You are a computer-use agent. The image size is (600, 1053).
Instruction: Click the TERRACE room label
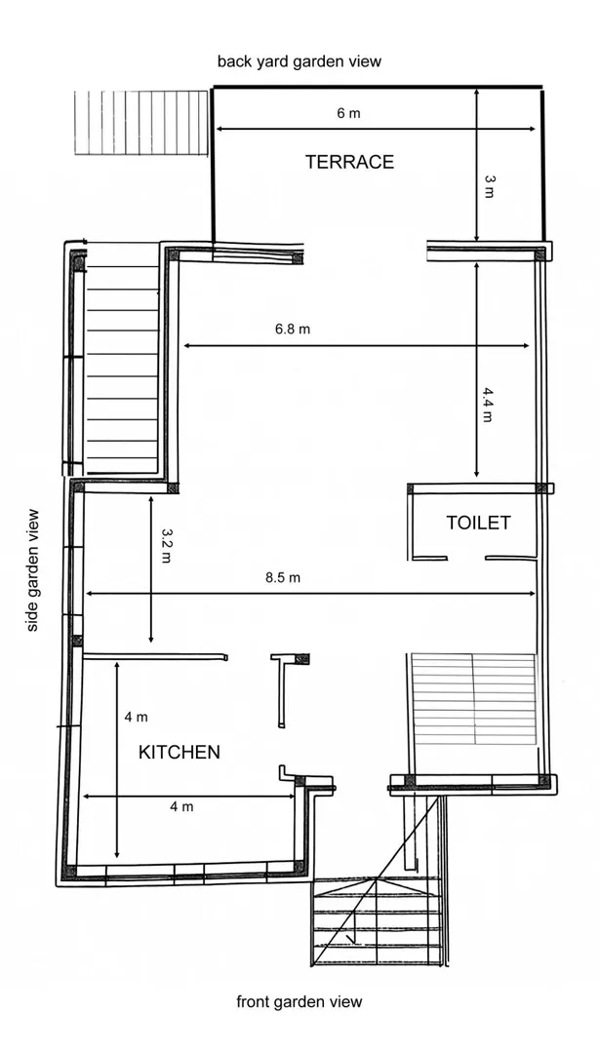349,162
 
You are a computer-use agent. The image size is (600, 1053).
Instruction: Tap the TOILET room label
478,523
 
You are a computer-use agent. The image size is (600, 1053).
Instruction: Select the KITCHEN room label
180,752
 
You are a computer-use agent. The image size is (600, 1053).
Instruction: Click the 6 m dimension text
348,113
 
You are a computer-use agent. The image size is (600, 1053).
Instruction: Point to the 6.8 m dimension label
293,330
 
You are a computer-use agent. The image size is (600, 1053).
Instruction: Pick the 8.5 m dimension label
283,577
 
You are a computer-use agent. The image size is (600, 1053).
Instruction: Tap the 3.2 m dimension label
167,545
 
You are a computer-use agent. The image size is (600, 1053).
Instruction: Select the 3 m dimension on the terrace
489,186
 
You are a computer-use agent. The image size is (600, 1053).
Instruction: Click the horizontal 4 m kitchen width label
181,806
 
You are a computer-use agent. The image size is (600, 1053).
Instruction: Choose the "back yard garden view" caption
299,61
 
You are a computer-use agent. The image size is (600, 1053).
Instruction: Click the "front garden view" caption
299,1002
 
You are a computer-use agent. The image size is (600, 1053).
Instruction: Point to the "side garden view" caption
32,570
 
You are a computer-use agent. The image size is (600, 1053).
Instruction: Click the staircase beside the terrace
141,123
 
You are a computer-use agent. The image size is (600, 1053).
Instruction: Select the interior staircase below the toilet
474,698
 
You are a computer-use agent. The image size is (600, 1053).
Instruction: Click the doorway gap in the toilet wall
466,558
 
